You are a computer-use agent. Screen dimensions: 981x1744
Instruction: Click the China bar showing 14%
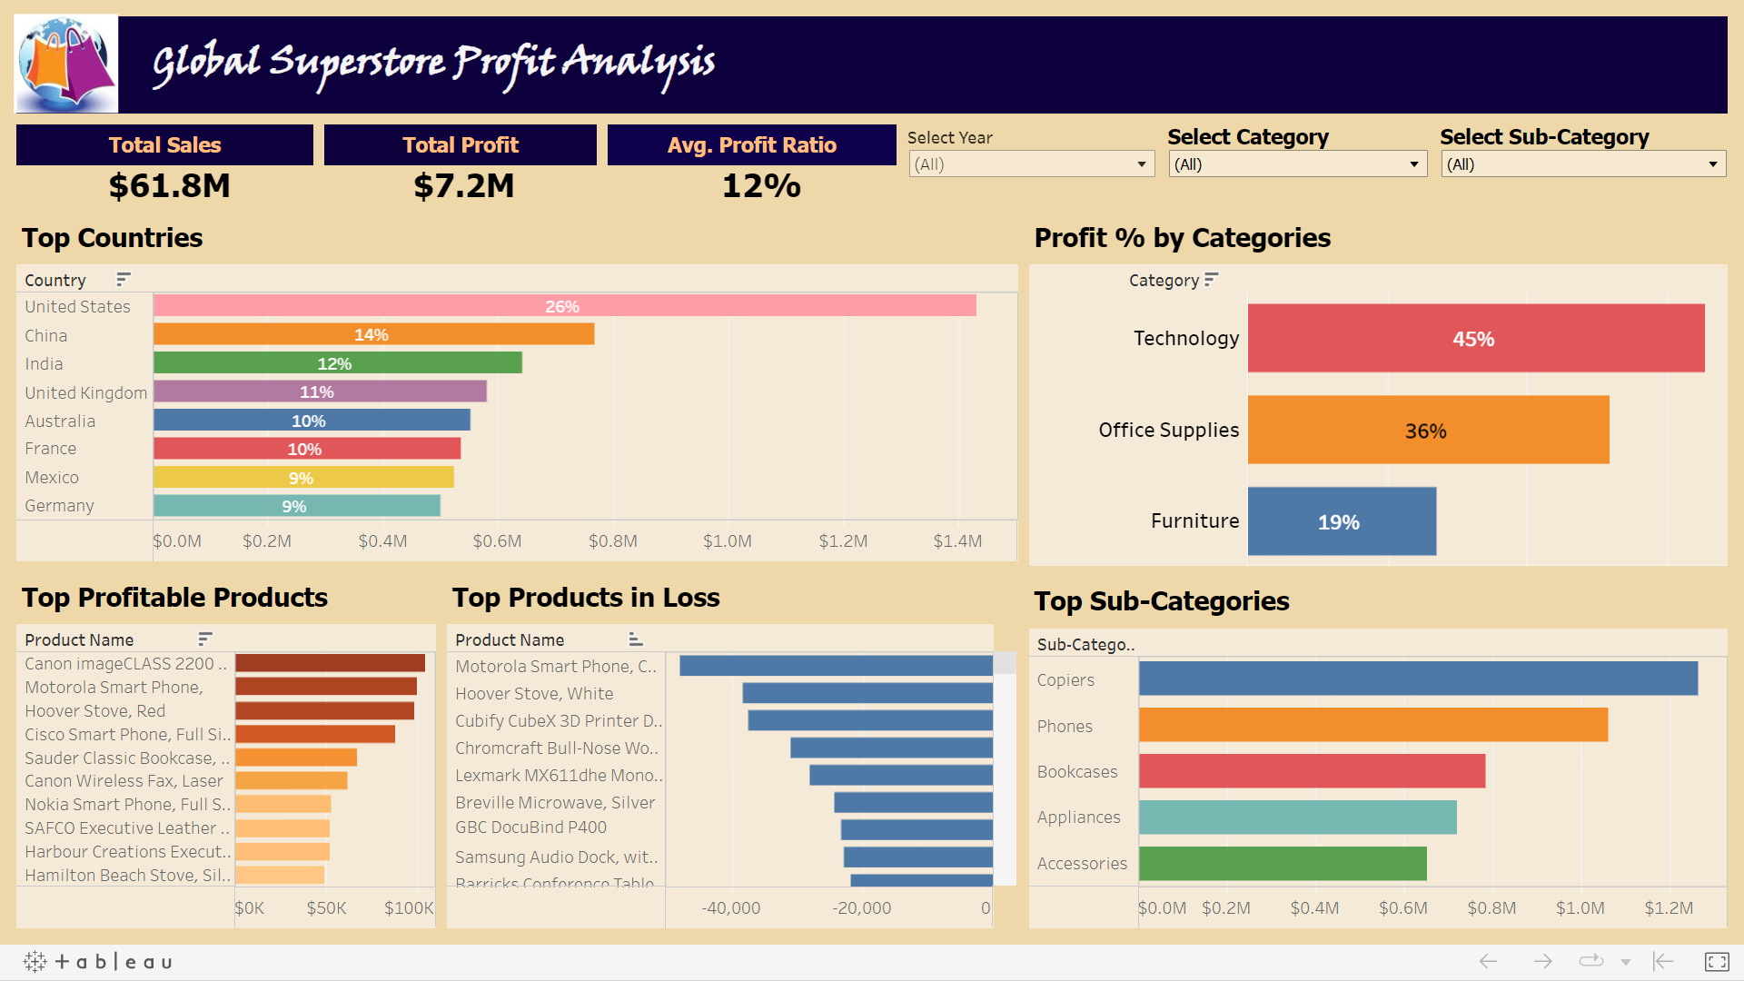coord(372,334)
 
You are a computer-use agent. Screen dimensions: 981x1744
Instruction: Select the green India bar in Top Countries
coord(336,363)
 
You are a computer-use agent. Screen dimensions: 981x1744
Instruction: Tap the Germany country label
coord(59,506)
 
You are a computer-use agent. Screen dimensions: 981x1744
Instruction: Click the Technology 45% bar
coord(1475,339)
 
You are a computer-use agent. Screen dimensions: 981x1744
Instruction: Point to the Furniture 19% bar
coord(1341,522)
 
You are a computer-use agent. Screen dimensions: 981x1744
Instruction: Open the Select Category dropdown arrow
coord(1413,164)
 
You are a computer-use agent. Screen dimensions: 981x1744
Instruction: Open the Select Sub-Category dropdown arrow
coord(1712,164)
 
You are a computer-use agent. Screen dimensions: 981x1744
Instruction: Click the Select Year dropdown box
coord(1030,164)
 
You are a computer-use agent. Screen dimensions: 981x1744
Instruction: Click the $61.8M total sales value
coord(169,186)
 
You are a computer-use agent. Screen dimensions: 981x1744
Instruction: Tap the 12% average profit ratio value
coord(760,186)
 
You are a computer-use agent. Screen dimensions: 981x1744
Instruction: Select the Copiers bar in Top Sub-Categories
coord(1417,679)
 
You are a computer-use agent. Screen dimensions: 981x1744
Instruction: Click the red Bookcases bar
coord(1312,771)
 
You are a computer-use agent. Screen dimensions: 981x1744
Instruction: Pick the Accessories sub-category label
coord(1081,864)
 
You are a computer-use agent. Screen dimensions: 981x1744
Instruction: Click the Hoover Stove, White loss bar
coord(867,694)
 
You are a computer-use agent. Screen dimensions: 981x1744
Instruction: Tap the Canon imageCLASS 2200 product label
coord(124,664)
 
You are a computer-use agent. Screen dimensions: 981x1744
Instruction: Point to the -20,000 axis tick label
coord(861,908)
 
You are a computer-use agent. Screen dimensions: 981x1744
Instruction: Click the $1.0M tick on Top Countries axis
coord(727,541)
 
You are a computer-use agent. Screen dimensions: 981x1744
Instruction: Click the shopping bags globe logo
coord(66,64)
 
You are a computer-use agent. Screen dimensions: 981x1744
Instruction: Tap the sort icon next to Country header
coord(124,279)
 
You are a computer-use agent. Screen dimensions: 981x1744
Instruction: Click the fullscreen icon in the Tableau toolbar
coord(1716,961)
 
